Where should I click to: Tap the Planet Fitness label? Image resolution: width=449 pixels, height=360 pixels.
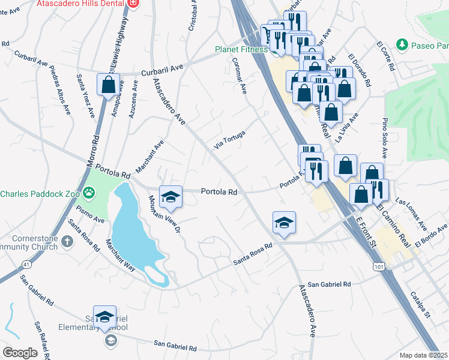pos(242,49)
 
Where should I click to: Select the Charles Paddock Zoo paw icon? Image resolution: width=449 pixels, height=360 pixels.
pos(89,193)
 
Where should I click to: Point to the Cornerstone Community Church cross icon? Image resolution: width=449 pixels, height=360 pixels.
pos(68,241)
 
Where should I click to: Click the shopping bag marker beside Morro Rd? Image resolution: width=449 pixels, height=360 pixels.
pos(108,86)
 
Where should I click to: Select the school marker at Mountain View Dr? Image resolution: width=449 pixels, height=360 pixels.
pos(171,197)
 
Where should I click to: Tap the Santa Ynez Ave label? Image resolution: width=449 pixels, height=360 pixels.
pos(85,96)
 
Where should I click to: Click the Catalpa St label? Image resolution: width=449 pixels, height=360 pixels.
pos(421,304)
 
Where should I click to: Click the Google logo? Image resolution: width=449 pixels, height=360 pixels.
pos(20,352)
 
